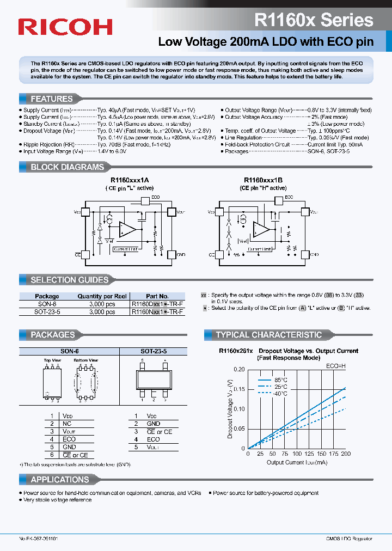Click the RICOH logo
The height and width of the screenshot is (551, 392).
(65, 27)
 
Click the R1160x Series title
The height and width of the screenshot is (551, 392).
(314, 20)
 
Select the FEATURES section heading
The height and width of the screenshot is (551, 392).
(52, 99)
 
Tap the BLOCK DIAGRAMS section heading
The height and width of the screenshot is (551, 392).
(67, 167)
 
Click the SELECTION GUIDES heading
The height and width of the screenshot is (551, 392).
(69, 280)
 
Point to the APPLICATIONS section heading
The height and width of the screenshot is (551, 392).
(60, 480)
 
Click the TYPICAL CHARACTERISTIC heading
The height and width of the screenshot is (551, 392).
(269, 335)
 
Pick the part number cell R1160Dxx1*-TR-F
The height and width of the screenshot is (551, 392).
(157, 304)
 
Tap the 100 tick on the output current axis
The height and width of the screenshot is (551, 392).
(297, 454)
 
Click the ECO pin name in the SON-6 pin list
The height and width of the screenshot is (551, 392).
(69, 439)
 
